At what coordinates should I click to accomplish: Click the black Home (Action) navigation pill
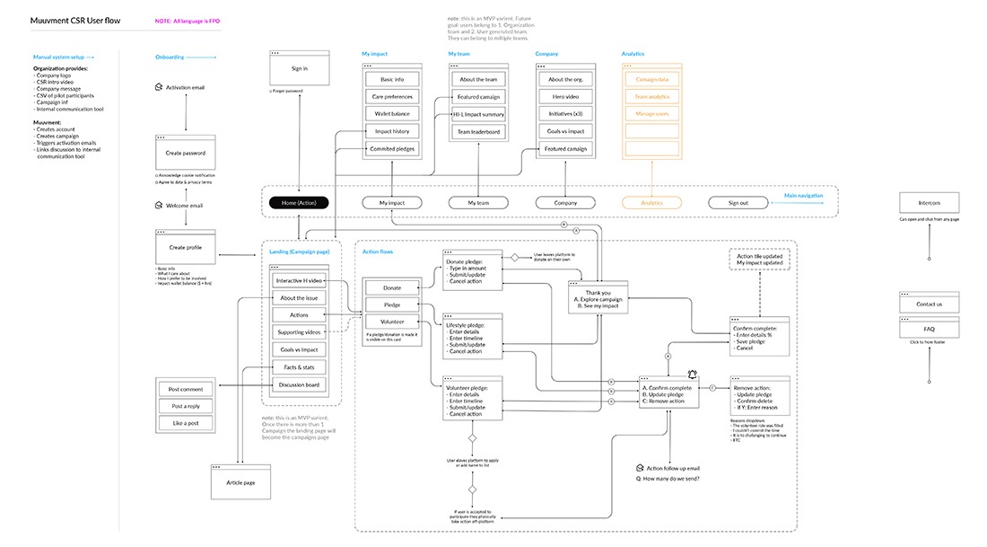[x=299, y=203]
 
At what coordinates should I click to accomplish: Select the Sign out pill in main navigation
[x=738, y=203]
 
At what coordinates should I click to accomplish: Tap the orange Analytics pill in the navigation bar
[x=651, y=203]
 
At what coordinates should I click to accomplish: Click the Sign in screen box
[x=299, y=68]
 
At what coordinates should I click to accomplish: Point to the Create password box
[x=186, y=153]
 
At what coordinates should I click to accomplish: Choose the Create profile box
[x=186, y=247]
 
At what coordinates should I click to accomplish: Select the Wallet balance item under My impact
[x=391, y=114]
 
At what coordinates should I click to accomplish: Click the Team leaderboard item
[x=479, y=132]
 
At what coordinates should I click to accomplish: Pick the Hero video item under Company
[x=565, y=97]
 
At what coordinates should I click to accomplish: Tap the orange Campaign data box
[x=651, y=80]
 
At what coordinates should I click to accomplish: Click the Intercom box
[x=929, y=202]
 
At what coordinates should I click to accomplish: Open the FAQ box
[x=929, y=329]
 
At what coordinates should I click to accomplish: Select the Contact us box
[x=929, y=304]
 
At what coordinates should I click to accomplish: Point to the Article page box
[x=240, y=482]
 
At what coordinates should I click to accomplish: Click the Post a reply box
[x=186, y=406]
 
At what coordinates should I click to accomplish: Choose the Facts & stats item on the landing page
[x=299, y=368]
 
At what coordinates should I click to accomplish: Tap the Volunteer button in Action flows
[x=392, y=321]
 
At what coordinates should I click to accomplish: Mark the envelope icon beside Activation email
[x=159, y=87]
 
